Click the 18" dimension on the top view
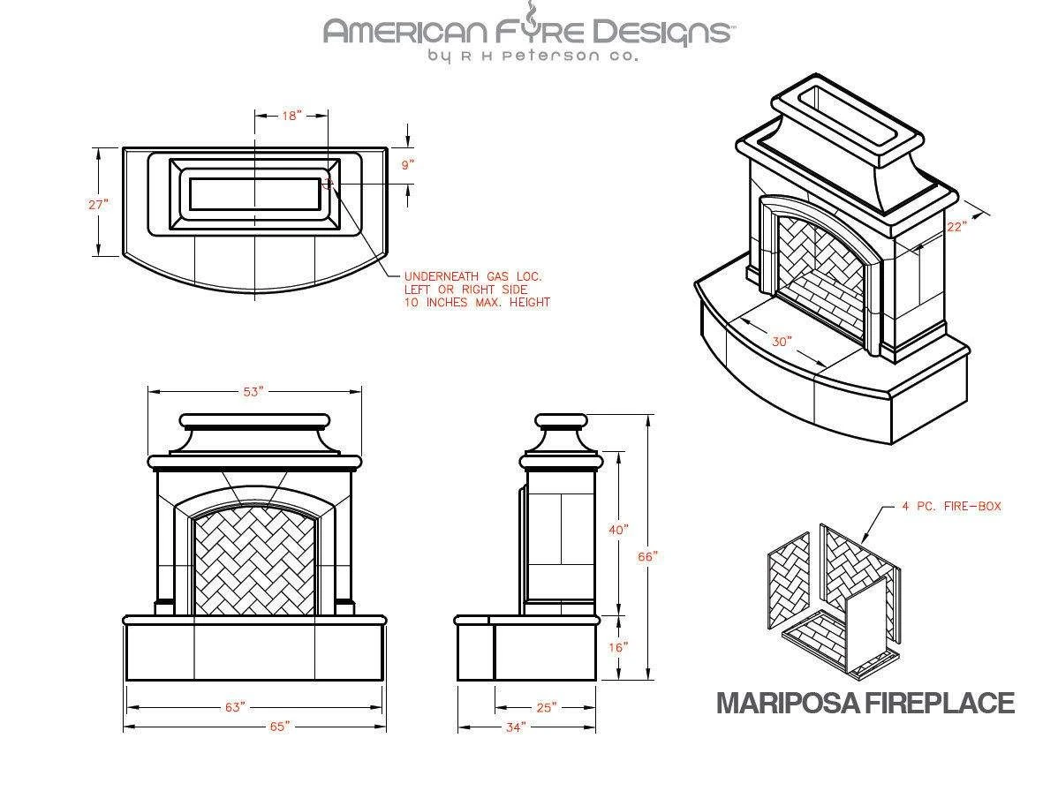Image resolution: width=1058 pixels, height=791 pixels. pyautogui.click(x=291, y=116)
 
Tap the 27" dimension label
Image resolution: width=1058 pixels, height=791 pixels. pyautogui.click(x=98, y=204)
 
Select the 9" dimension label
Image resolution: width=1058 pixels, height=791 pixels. pyautogui.click(x=407, y=165)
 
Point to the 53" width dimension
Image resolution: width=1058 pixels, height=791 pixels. pyautogui.click(x=253, y=392)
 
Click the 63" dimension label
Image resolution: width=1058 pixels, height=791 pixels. pyautogui.click(x=235, y=707)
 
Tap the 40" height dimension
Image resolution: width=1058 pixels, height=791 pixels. pyautogui.click(x=618, y=530)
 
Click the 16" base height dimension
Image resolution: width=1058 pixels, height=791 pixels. pyautogui.click(x=618, y=647)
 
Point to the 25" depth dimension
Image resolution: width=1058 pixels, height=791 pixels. pyautogui.click(x=546, y=707)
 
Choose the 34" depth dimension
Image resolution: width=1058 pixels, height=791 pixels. pyautogui.click(x=516, y=726)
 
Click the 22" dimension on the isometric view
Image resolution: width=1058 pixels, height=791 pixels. pyautogui.click(x=956, y=226)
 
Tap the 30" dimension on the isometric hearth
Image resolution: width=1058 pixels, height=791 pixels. pyautogui.click(x=782, y=341)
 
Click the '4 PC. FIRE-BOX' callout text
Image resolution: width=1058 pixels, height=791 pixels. pyautogui.click(x=951, y=507)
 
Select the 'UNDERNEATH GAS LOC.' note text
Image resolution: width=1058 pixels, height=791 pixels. pyautogui.click(x=472, y=276)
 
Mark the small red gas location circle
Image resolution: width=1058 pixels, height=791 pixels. pyautogui.click(x=328, y=184)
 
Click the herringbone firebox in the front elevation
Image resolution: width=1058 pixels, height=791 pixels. pyautogui.click(x=254, y=564)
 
